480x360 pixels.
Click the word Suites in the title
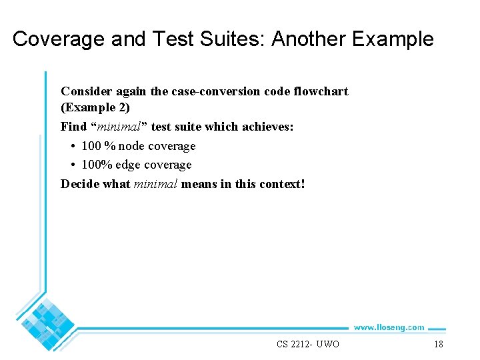click(x=233, y=39)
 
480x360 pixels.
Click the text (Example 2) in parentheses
click(x=95, y=107)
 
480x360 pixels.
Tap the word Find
click(x=73, y=127)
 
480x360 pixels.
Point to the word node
click(x=131, y=146)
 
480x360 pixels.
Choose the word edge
click(x=129, y=165)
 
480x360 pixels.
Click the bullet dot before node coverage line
click(x=71, y=146)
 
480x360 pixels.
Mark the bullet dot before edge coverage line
click(x=71, y=165)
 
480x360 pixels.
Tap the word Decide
click(x=80, y=183)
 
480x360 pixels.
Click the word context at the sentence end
click(x=277, y=183)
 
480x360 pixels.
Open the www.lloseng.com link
click(x=388, y=327)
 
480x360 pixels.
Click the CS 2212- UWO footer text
click(x=308, y=344)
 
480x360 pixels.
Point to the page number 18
click(x=438, y=344)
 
